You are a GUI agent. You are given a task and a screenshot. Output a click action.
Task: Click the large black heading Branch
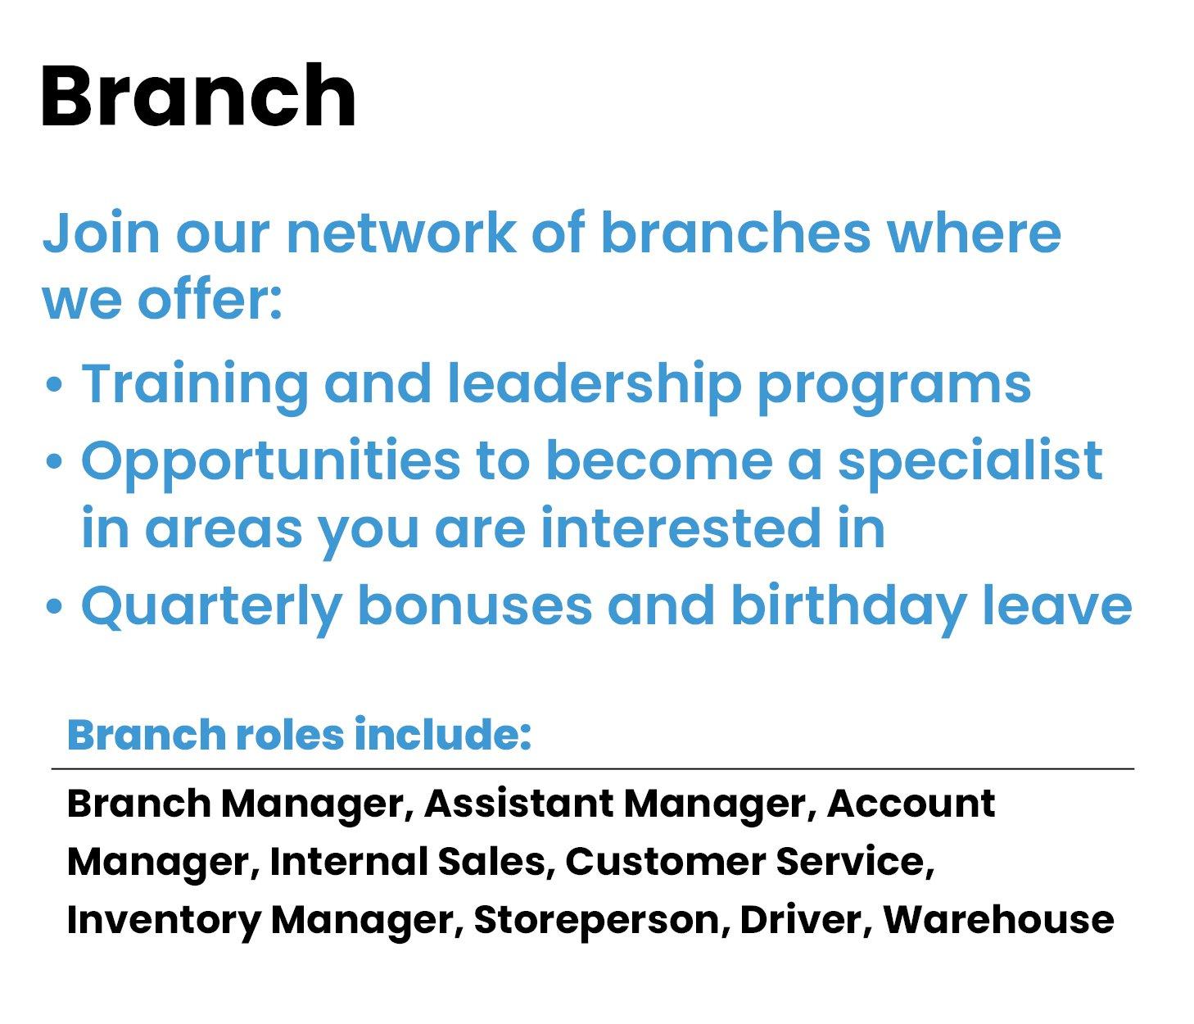point(198,95)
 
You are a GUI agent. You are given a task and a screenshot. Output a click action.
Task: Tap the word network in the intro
point(401,233)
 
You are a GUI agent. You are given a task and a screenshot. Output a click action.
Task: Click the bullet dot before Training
point(54,385)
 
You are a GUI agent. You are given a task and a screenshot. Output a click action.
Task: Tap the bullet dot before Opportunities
point(54,462)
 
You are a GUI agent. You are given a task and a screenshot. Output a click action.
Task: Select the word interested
point(681,528)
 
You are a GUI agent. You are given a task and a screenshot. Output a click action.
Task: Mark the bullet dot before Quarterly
point(54,607)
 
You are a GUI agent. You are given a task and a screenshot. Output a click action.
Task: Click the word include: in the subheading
point(443,734)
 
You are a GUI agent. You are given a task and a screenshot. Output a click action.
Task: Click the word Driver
point(801,921)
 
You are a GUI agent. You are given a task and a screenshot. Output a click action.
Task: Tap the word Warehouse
point(998,921)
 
